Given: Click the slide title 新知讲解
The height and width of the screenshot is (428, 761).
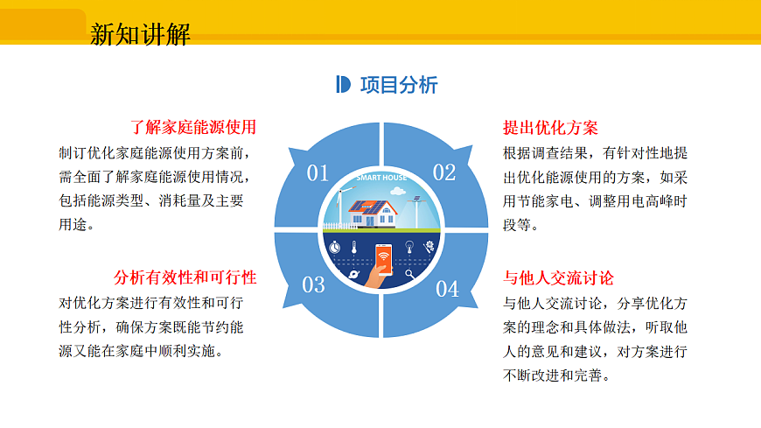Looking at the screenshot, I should click(x=140, y=34).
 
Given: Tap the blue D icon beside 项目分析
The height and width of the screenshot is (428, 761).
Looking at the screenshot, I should click(x=344, y=85).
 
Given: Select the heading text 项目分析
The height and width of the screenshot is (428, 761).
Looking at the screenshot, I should click(x=399, y=85).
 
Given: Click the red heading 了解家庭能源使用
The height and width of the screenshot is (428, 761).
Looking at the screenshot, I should click(x=193, y=127).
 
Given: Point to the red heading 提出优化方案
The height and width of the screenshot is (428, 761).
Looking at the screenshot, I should click(x=550, y=127).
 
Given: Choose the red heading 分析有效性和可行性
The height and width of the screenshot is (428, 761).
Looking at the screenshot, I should click(x=185, y=277).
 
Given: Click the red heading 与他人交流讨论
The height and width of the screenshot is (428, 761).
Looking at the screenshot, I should click(x=558, y=277).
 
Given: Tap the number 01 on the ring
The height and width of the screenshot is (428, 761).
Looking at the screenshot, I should click(x=318, y=172).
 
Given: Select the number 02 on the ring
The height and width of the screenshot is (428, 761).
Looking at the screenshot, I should click(x=444, y=172).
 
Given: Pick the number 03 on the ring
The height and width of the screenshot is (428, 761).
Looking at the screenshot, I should click(x=313, y=284).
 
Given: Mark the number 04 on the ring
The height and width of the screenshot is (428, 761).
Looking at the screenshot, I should click(x=447, y=289).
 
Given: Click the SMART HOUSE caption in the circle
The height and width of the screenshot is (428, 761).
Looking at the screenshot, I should click(x=380, y=178).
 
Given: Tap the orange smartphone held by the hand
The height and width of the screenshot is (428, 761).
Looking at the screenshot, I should click(x=383, y=257).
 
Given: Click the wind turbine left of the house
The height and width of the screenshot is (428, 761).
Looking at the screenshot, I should click(x=340, y=207).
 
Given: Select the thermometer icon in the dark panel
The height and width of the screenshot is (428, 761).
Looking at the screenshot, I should click(x=354, y=248).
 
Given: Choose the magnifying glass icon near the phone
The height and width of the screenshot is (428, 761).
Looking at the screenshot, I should click(x=409, y=274).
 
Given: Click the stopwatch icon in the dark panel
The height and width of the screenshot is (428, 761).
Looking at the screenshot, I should click(x=334, y=248).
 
